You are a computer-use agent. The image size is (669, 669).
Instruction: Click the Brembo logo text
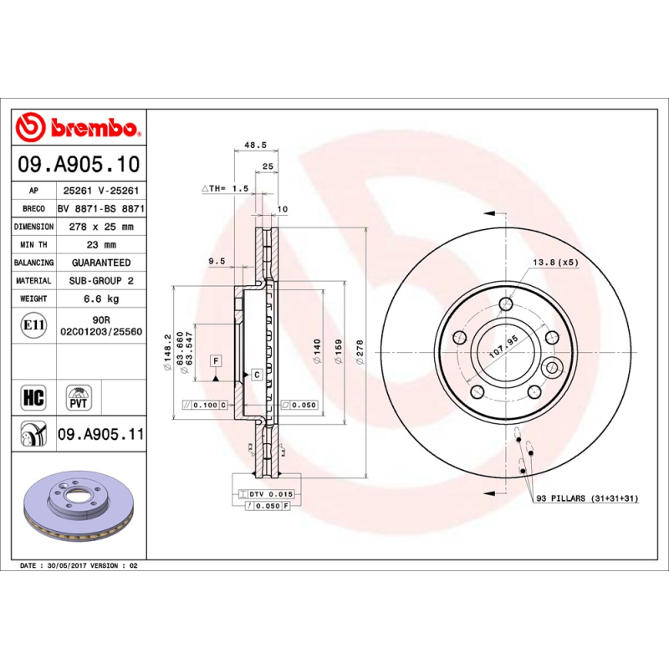(x=92, y=128)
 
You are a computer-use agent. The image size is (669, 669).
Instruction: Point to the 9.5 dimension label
(x=216, y=262)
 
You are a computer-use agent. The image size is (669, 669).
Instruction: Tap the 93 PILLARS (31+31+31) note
(x=587, y=498)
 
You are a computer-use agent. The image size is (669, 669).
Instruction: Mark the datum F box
(x=216, y=360)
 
